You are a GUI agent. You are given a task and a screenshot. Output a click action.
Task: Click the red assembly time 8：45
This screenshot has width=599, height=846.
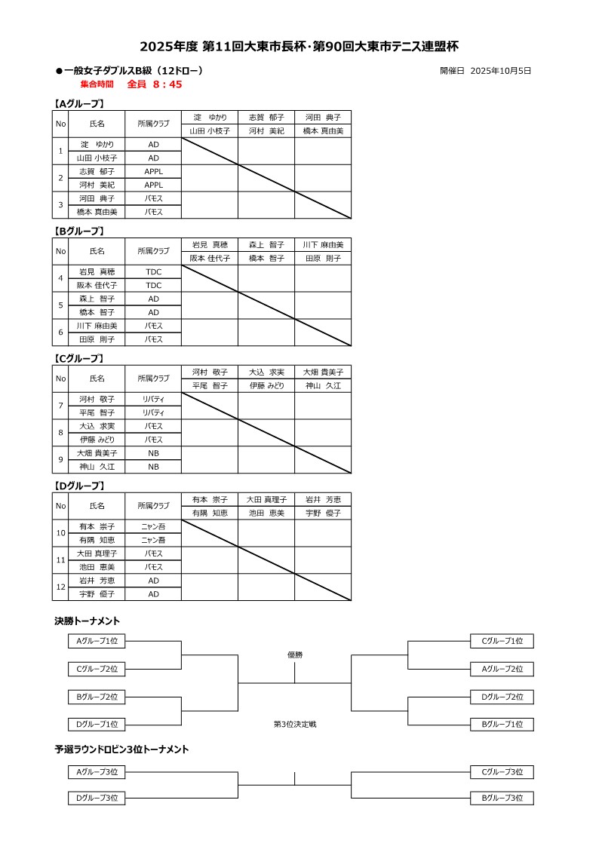(167, 84)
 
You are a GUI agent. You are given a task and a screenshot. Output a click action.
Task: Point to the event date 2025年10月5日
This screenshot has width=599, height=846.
(500, 71)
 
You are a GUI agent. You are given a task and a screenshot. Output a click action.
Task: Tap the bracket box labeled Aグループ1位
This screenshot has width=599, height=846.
(97, 641)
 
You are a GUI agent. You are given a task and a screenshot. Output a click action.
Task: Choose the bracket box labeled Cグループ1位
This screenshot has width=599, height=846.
(502, 641)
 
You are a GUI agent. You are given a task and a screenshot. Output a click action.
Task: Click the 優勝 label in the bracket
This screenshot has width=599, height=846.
(295, 654)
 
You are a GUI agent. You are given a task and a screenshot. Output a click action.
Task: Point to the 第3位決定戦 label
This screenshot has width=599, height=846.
(295, 724)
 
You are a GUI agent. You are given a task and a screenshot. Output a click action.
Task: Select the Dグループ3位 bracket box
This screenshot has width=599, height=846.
(97, 798)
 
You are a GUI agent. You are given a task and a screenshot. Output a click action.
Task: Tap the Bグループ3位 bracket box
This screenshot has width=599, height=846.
(502, 798)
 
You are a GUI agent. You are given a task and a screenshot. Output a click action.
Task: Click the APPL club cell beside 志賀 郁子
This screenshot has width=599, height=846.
(153, 171)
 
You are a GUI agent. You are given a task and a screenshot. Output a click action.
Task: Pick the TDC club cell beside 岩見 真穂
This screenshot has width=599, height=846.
(153, 271)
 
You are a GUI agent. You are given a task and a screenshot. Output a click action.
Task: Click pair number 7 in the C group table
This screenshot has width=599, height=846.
(61, 406)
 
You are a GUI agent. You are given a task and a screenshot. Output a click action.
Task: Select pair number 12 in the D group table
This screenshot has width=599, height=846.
(61, 587)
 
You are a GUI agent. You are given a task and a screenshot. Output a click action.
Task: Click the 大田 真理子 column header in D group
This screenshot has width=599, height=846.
(266, 499)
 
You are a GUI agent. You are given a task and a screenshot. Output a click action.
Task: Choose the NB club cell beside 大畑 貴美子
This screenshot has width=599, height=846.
(153, 453)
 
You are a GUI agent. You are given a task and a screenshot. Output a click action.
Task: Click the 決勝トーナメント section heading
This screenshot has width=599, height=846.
(88, 621)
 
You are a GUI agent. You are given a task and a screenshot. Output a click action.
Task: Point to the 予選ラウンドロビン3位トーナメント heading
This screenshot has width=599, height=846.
(121, 749)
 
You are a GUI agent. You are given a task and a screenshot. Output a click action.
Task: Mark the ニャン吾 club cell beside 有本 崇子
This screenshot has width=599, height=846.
(153, 526)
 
